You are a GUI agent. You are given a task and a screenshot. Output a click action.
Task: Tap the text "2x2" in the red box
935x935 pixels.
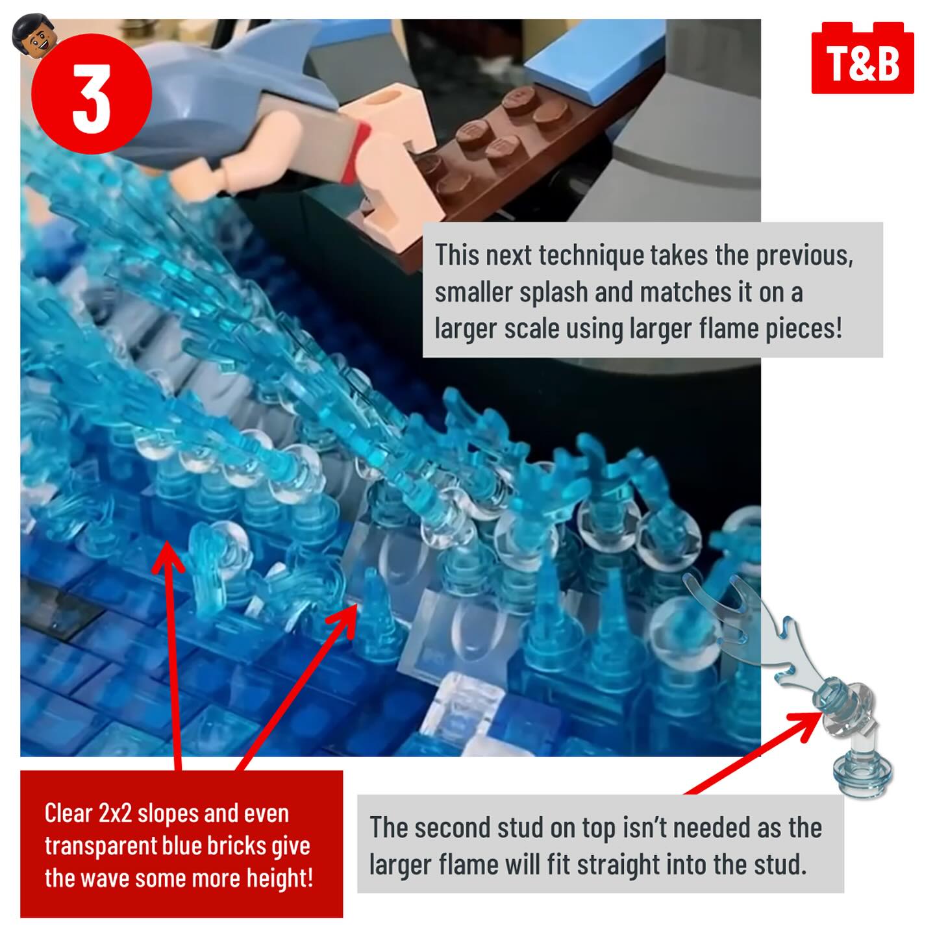click(x=115, y=813)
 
